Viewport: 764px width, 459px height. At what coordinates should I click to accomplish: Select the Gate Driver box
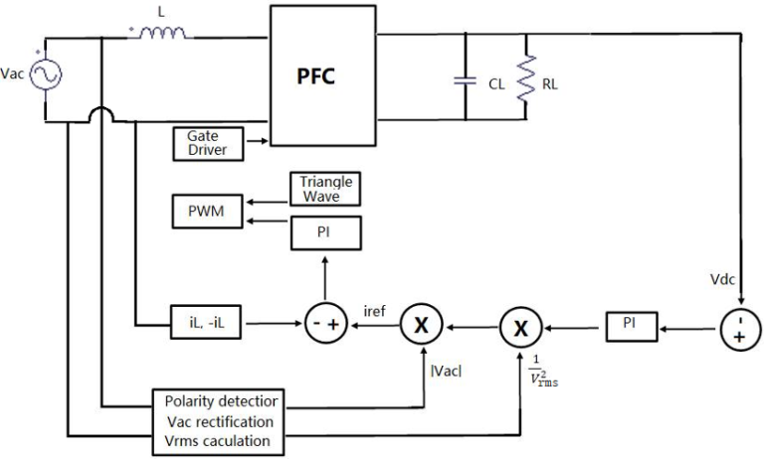coord(207,141)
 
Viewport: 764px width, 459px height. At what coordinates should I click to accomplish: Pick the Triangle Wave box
coord(325,189)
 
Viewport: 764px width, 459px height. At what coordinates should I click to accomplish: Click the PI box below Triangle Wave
coord(325,232)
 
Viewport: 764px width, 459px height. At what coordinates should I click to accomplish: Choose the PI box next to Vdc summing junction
coord(632,325)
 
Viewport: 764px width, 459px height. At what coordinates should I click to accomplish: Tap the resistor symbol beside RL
coord(528,79)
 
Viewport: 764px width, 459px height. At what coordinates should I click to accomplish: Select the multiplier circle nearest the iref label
coord(419,325)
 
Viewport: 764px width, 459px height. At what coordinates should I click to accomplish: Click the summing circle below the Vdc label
coord(740,325)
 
